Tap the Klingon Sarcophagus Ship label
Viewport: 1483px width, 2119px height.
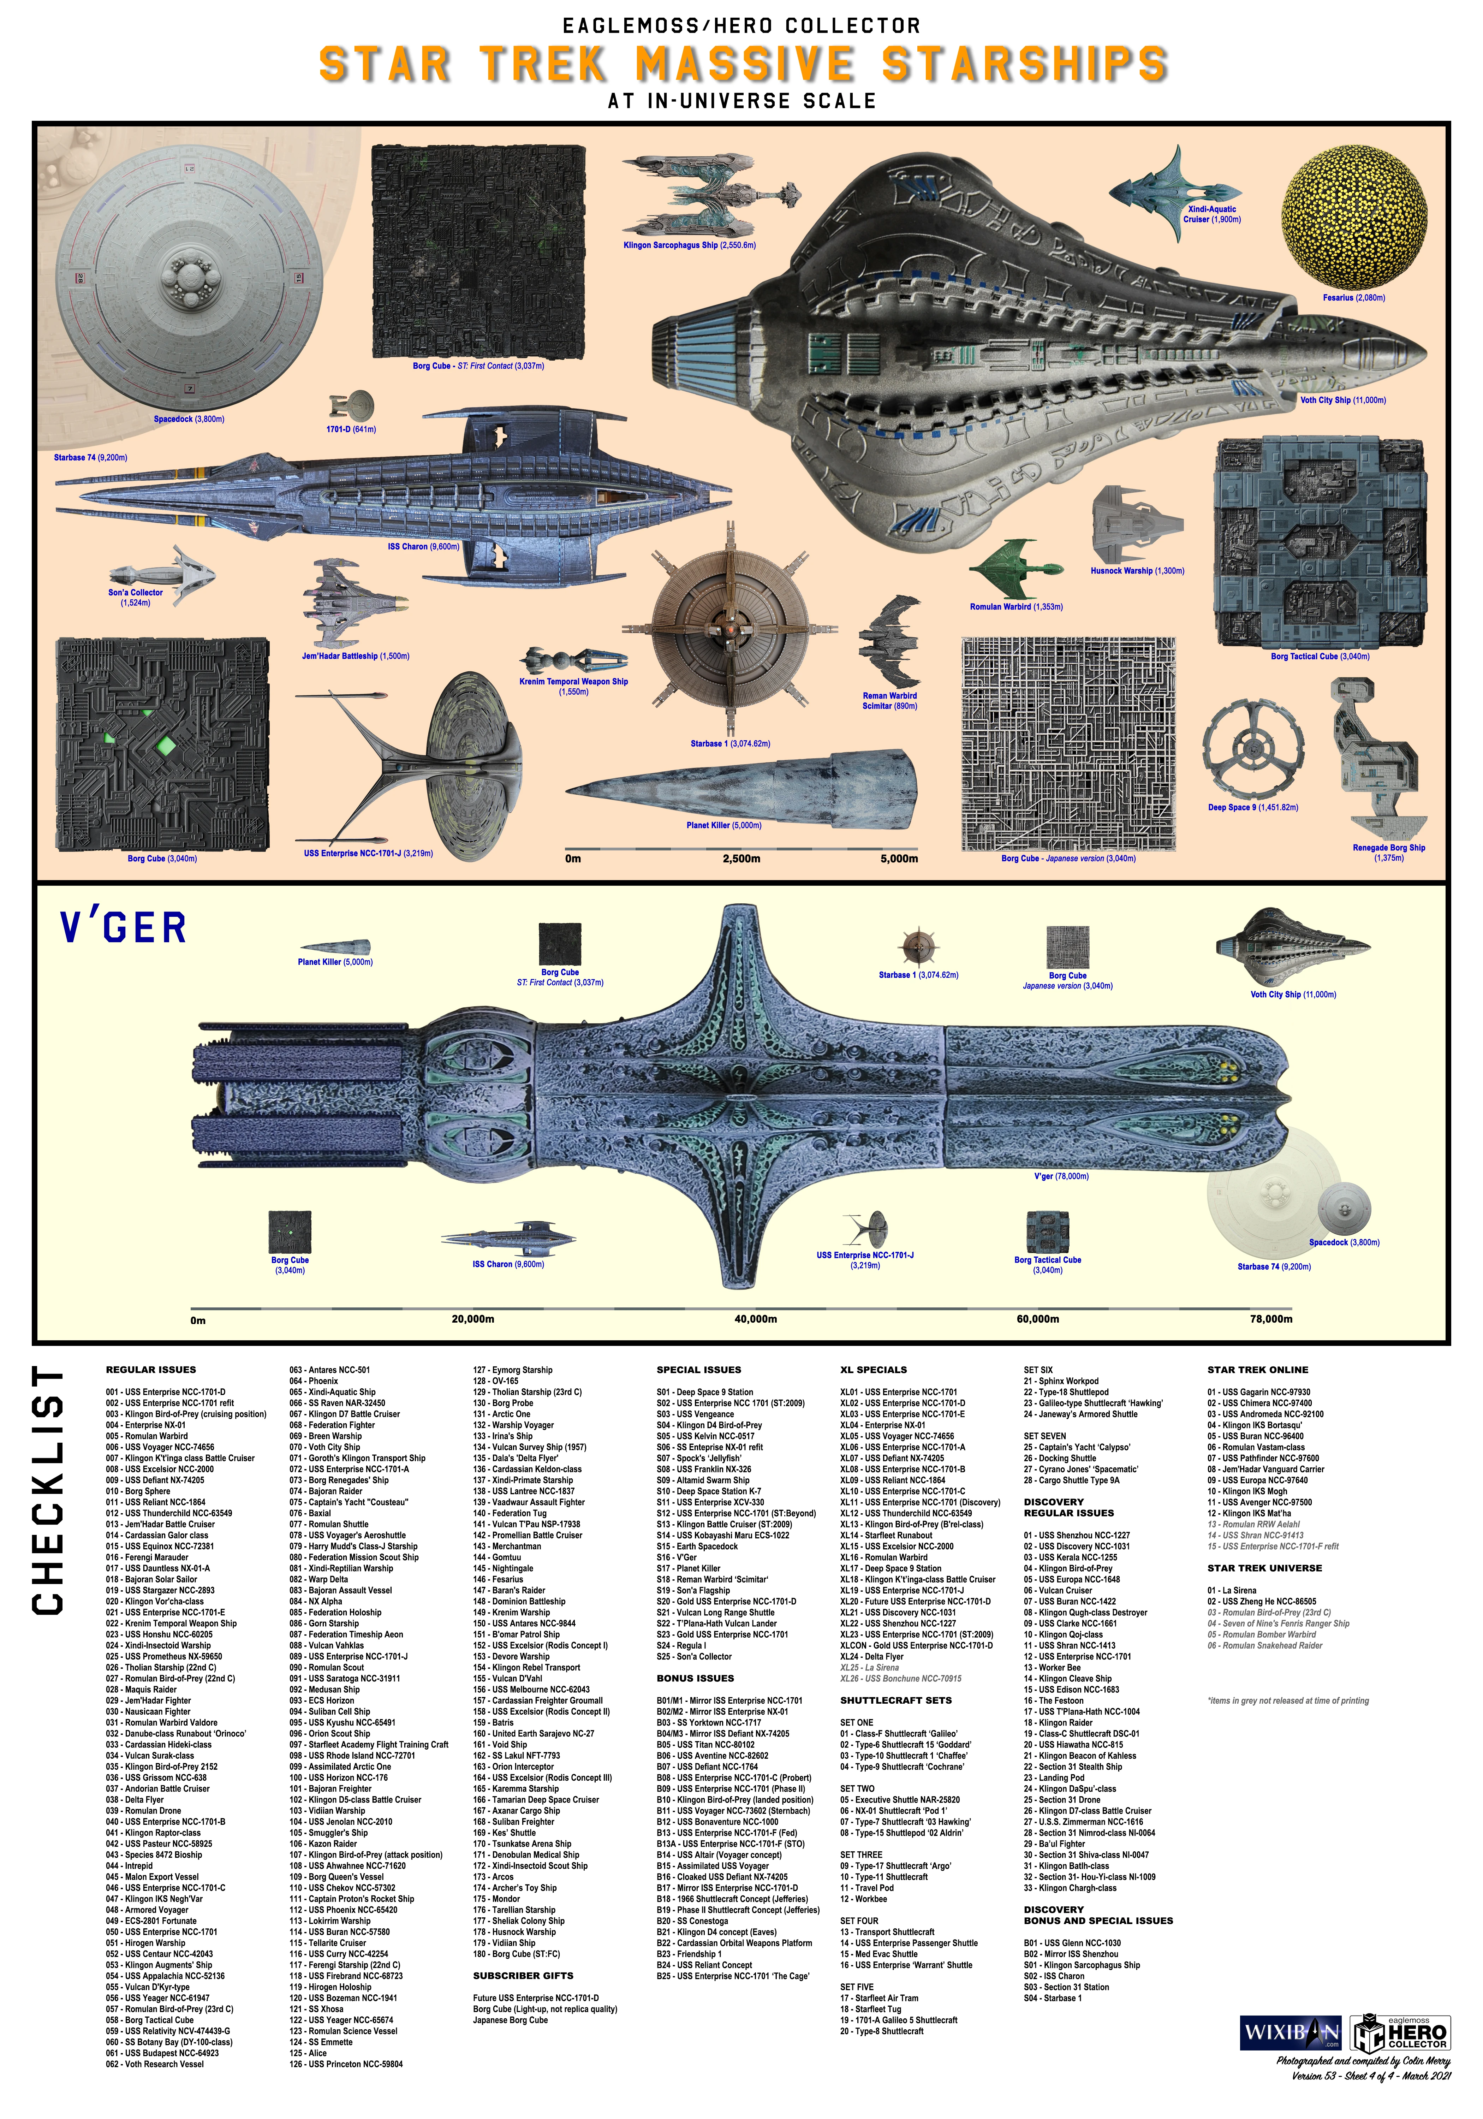pos(689,245)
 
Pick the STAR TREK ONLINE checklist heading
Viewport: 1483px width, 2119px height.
pos(1257,1370)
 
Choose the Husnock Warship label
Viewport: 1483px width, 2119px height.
pos(1137,570)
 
